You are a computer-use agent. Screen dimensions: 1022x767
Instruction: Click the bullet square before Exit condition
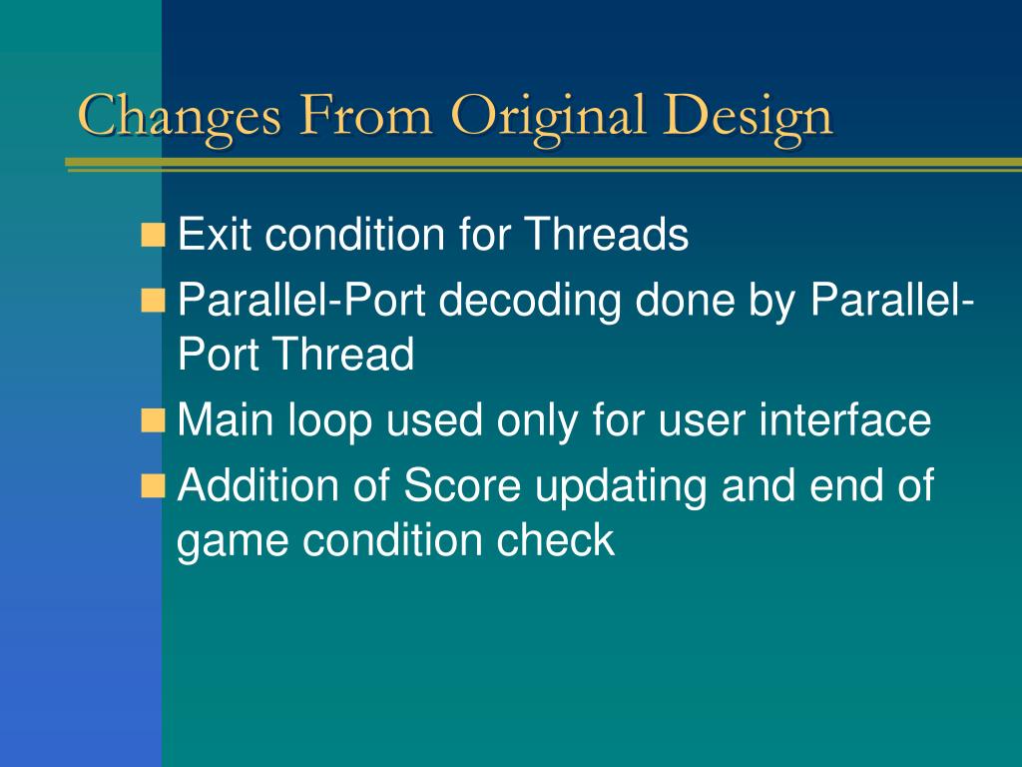point(153,235)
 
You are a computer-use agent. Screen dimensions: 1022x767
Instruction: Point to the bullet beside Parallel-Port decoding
point(153,301)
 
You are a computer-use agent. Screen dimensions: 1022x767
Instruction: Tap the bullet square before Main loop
point(153,420)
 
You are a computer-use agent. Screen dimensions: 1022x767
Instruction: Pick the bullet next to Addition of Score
point(153,486)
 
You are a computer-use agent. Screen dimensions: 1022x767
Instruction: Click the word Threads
point(606,234)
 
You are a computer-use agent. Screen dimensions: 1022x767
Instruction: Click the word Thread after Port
point(343,355)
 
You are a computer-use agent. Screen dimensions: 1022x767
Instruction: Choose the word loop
point(329,422)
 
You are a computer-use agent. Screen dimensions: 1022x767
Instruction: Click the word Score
point(462,486)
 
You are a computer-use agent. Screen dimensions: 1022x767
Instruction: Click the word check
point(555,539)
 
